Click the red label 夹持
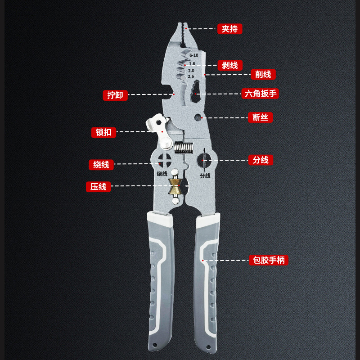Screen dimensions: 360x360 (229, 29)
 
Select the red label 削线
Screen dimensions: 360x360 (263, 74)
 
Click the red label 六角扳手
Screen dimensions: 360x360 (260, 94)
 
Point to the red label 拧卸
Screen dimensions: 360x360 (115, 95)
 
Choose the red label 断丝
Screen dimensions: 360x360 (260, 117)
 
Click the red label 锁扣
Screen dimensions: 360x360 (104, 132)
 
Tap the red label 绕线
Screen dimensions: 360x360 (101, 164)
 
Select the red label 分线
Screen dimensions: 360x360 (261, 160)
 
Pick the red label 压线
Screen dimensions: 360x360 (98, 186)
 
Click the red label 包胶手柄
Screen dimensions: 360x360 (269, 260)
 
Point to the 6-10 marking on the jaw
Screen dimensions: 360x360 (193, 55)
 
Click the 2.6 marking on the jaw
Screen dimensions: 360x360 (191, 76)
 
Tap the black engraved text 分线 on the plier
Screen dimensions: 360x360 (205, 176)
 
